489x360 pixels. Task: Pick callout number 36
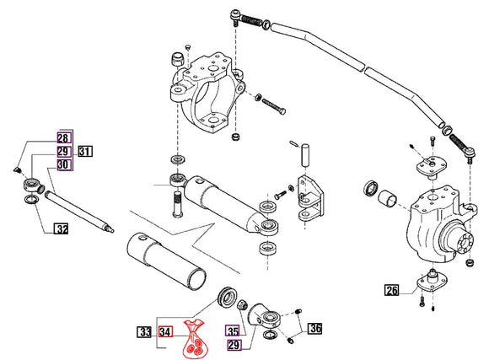(314, 328)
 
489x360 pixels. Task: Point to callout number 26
(391, 292)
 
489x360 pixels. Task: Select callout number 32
(62, 228)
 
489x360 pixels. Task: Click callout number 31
(85, 152)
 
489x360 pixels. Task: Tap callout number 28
(64, 138)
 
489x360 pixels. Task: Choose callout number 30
(64, 165)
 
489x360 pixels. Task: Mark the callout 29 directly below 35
(232, 345)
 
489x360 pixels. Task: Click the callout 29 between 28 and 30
(64, 152)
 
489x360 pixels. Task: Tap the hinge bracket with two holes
(308, 196)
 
